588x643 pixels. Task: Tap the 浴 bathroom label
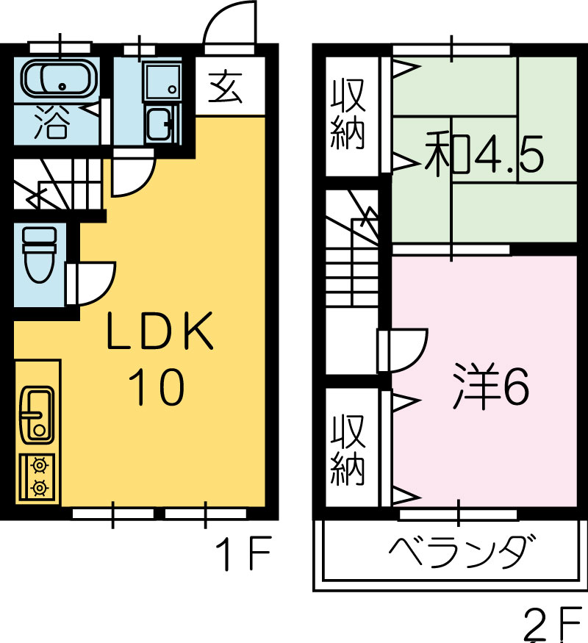(51, 121)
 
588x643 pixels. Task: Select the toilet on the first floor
(40, 255)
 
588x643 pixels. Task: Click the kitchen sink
(37, 414)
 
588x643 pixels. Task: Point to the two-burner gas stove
(37, 477)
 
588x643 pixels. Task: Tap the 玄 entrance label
(225, 87)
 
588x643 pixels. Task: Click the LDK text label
(160, 331)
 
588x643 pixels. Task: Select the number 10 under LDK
(157, 387)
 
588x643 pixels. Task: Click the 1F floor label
(244, 553)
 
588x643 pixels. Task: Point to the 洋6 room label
(491, 387)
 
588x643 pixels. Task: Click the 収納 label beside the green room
(348, 114)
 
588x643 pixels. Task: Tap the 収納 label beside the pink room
(348, 450)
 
